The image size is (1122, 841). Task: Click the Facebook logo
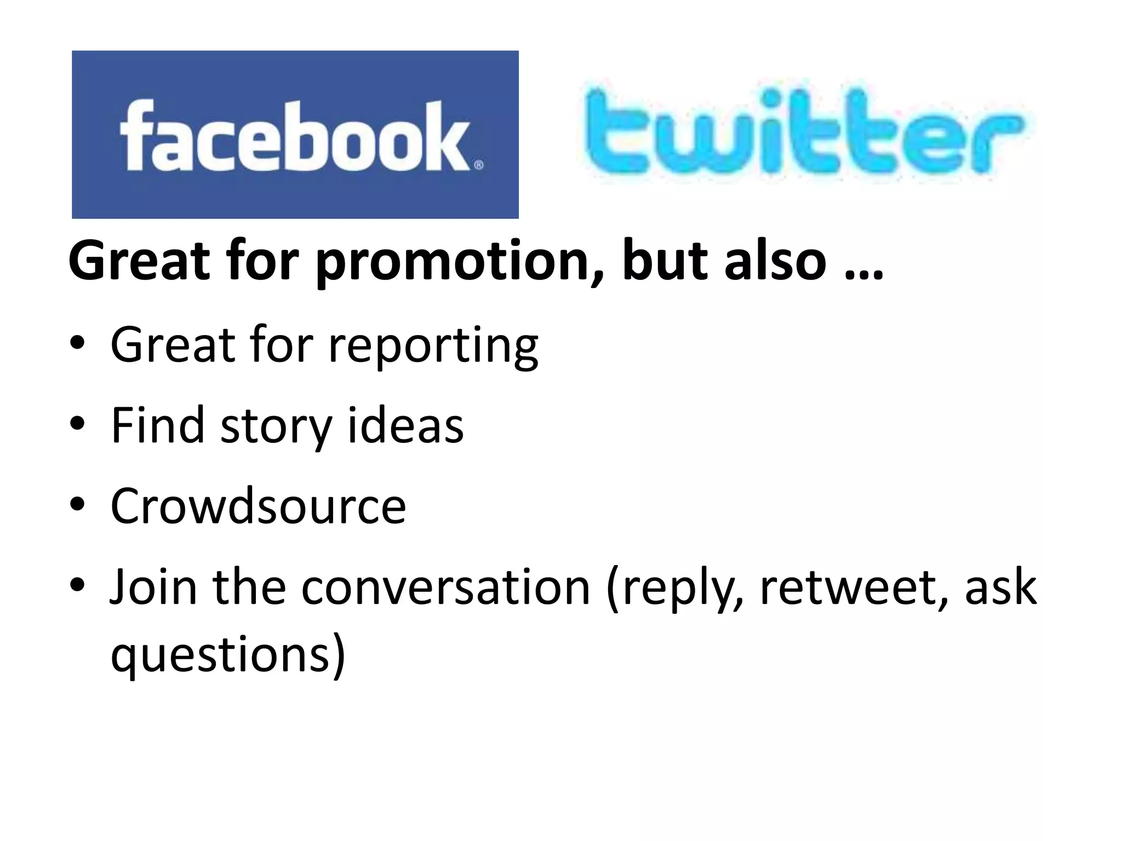[x=295, y=135]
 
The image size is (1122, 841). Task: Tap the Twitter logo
[x=803, y=134]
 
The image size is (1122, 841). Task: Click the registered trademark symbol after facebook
[x=478, y=164]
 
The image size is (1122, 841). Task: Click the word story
[x=276, y=427]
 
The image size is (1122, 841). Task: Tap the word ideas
[x=405, y=426]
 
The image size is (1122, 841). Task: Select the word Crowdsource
[x=258, y=506]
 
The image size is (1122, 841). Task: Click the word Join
[x=153, y=587]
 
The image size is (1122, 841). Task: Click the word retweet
[x=854, y=588]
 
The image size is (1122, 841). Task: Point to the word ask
[x=1000, y=588]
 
